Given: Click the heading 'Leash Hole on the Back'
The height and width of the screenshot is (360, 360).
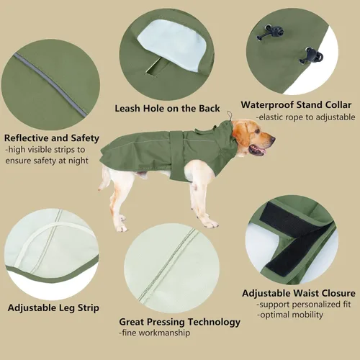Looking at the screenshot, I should click(168, 109).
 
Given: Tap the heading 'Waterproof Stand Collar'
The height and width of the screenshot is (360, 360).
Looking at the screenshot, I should click(298, 104).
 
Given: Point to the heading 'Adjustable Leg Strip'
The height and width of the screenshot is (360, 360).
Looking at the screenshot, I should click(53, 307).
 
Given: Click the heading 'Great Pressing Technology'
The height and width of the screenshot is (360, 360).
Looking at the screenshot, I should click(179, 322).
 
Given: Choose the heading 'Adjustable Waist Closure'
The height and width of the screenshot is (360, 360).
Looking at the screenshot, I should click(298, 293).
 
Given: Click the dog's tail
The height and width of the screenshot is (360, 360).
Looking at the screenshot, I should click(106, 175).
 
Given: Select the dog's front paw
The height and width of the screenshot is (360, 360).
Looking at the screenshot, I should click(210, 224).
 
